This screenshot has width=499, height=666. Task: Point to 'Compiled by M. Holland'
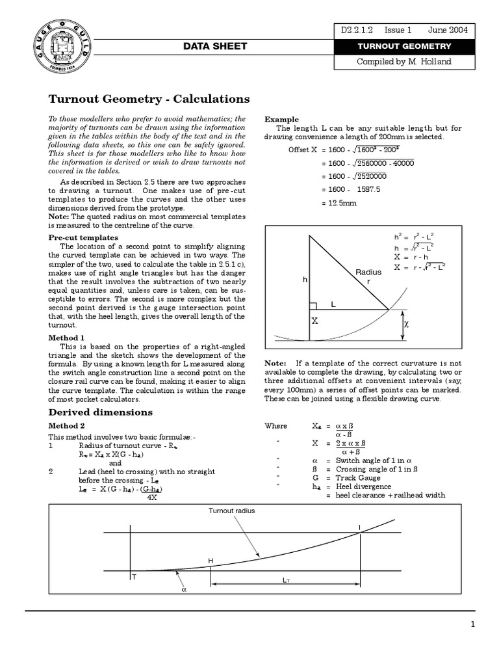404,62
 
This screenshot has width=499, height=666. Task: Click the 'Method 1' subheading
67,338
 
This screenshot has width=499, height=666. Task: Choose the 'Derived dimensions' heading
101,412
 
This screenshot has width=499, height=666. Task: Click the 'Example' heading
281,120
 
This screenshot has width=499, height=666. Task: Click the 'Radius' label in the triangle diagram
368,273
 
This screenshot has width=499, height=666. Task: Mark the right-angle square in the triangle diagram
313,306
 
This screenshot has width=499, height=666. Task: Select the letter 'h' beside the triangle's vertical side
303,280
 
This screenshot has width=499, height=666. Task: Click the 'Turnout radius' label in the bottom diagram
231,511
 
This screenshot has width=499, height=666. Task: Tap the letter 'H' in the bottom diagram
210,561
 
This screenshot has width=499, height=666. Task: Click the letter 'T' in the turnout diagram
134,578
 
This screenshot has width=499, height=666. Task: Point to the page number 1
473,625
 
